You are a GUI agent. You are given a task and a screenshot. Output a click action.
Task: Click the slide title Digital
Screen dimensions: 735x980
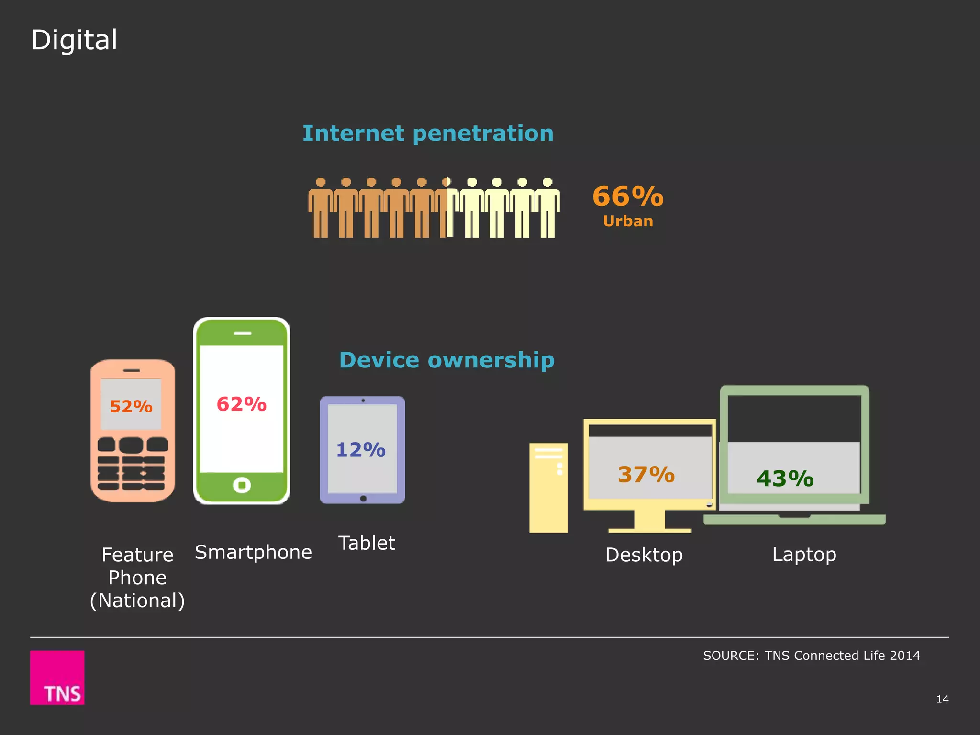74,40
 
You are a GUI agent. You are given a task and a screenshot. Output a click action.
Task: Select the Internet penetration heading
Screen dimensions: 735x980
428,134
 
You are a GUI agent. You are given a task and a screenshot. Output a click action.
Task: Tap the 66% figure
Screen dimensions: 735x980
628,196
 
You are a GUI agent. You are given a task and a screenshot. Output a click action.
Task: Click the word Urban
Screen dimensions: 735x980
628,222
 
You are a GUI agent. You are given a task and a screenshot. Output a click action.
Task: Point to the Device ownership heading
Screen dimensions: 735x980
446,360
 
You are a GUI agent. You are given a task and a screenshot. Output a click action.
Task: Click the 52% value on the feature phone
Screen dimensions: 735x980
131,406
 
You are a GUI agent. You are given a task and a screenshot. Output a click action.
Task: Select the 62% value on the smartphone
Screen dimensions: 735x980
242,404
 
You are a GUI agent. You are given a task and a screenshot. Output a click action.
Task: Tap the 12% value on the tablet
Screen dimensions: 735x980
361,450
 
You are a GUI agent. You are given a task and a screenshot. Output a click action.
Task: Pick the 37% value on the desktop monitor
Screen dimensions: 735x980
646,475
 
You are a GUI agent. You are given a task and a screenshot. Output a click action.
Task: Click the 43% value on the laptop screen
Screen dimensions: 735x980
785,479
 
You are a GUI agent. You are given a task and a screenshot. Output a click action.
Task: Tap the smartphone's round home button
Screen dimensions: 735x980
242,485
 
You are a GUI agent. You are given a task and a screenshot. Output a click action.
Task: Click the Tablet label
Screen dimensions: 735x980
367,544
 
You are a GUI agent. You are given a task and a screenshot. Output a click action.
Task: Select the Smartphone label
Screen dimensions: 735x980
253,553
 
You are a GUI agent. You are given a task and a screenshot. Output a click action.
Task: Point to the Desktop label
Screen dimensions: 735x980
644,555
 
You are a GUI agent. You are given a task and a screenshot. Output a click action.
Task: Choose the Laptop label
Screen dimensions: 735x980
804,555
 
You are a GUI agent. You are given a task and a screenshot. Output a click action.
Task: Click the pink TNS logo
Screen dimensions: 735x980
57,677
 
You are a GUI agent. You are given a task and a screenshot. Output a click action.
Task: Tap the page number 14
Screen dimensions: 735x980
942,699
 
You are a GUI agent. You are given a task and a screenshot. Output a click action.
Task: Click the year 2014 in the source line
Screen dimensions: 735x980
904,656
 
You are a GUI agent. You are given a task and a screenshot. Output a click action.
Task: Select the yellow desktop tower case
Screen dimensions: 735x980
548,488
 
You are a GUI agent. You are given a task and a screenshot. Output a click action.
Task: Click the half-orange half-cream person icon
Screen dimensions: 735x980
446,208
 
